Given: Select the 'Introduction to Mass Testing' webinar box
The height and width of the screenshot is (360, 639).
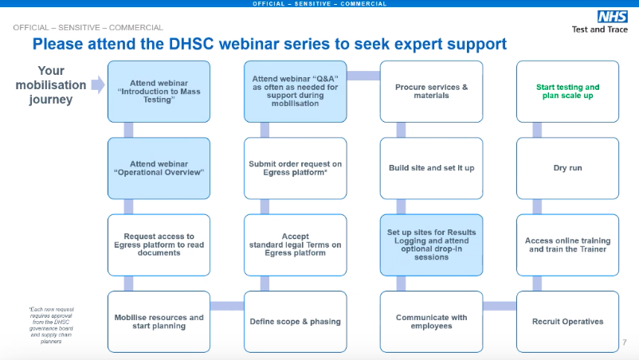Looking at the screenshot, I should [x=159, y=92].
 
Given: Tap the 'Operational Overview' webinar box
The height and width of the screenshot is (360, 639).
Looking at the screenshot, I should [x=159, y=168].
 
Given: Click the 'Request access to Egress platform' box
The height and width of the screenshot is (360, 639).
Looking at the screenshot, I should [x=159, y=245].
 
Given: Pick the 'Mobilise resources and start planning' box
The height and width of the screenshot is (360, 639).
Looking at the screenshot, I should [x=159, y=321].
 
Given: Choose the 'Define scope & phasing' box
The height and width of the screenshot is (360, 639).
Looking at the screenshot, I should [x=295, y=321].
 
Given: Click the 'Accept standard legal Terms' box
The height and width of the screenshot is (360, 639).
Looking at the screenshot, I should [x=295, y=245].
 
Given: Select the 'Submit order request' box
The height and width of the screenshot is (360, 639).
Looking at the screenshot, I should [x=295, y=168].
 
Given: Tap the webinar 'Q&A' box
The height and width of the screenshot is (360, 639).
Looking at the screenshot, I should [x=295, y=92].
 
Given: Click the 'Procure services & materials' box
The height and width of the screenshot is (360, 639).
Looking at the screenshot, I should [x=431, y=92].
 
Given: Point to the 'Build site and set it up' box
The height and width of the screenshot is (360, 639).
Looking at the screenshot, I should [x=431, y=168].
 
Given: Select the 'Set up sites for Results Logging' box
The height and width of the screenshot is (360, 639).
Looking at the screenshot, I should [x=431, y=245].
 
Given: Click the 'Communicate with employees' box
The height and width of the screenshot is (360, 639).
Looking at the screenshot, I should [x=431, y=321].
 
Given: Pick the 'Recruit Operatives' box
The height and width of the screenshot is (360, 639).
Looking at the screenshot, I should [x=567, y=321].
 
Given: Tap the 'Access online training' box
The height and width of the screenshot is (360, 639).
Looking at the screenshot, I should [x=567, y=245].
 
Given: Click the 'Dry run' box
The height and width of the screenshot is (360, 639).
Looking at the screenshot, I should [x=567, y=168].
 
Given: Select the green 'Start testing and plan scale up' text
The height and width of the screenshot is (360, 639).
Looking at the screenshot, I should [x=567, y=91].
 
